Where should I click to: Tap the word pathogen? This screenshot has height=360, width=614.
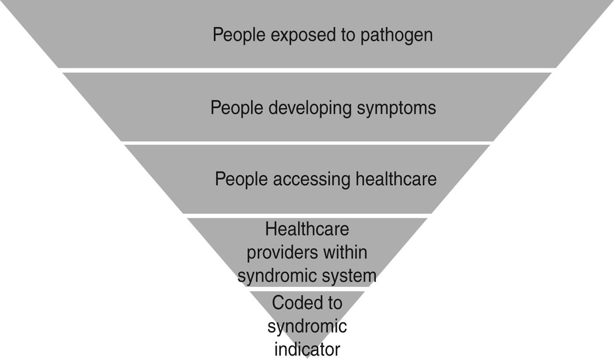[x=396, y=35]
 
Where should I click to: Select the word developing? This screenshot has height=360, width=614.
[x=309, y=108]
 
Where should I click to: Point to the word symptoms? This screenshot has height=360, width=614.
[x=396, y=108]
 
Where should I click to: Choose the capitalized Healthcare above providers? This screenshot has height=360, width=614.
[x=307, y=229]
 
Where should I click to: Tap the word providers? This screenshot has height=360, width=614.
[x=281, y=253]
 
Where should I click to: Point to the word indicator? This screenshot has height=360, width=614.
[x=307, y=349]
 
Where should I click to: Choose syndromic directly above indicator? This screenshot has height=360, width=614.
[x=307, y=326]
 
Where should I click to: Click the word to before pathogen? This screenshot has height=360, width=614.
[x=349, y=35]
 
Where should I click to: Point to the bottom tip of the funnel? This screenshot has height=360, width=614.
[x=307, y=357]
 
